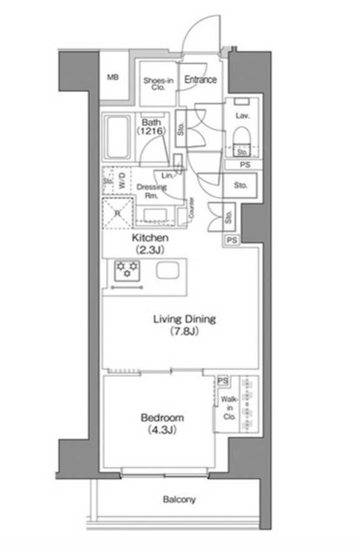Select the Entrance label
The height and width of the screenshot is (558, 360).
click(200, 79)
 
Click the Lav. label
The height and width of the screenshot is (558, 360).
click(241, 114)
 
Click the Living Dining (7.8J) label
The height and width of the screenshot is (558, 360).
click(180, 325)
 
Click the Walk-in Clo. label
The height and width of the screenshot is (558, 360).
click(228, 408)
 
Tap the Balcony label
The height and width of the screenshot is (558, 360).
click(180, 500)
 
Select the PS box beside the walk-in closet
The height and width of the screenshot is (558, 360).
click(223, 381)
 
